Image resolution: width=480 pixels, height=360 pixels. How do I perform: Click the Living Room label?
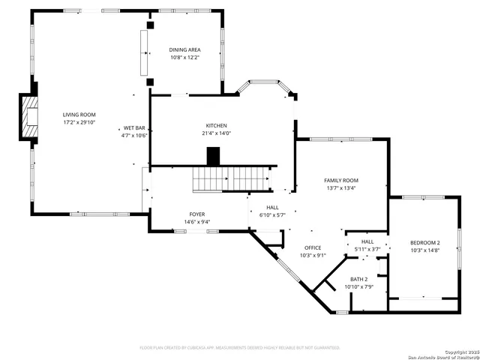coord(79,114)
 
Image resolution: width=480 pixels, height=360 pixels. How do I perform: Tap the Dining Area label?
coord(184,49)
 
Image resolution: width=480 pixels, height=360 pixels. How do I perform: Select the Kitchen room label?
coord(217,125)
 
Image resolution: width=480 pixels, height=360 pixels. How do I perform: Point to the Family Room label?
coord(340,180)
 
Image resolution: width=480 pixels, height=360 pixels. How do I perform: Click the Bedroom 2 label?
coord(424,242)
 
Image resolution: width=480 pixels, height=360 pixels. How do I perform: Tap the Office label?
coord(313,247)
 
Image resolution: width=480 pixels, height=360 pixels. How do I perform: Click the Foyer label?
coord(196,214)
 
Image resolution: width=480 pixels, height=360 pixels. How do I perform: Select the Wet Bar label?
coord(135,127)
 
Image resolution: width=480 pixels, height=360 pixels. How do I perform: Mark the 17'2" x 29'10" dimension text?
coord(79,122)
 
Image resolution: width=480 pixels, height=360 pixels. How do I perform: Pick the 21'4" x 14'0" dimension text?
coord(217,133)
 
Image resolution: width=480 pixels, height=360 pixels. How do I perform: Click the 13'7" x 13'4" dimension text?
coord(340,188)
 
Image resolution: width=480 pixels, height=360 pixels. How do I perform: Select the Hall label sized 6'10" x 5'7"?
coord(272,207)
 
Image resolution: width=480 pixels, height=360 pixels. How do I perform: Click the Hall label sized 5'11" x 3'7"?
coord(367,241)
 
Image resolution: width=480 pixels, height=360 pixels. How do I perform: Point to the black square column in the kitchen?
coord(214,156)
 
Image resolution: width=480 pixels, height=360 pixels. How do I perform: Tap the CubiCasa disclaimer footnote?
coord(240,347)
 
